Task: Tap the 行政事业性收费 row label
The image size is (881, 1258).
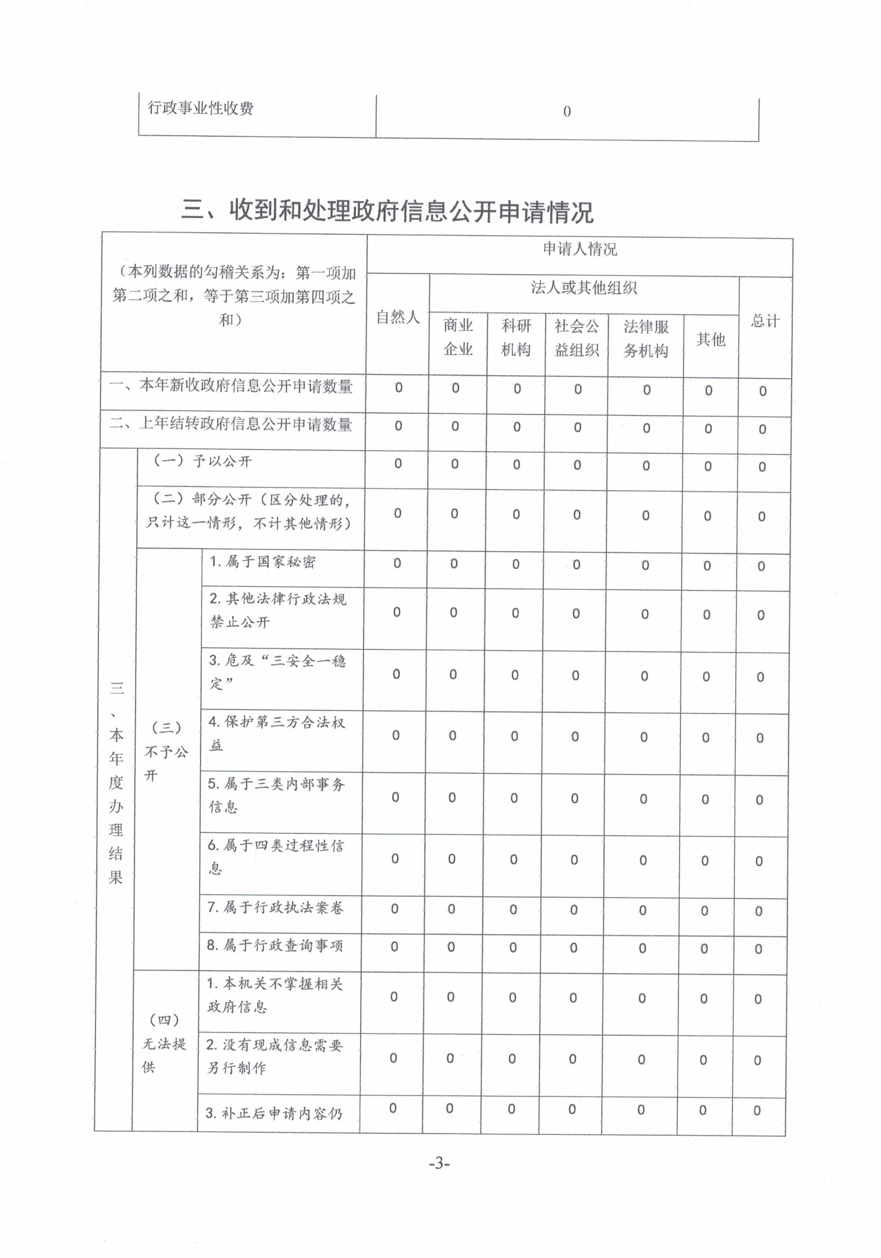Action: (x=200, y=108)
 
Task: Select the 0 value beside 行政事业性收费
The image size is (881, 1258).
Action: (x=567, y=112)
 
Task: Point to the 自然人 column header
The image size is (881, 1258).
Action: (x=398, y=317)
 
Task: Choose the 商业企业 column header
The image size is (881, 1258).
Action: (x=458, y=337)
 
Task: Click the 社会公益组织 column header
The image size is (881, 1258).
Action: (x=577, y=338)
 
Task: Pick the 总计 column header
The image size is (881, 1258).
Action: (x=765, y=321)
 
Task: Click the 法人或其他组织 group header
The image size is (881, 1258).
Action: (x=584, y=288)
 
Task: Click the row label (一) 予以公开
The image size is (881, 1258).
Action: (x=202, y=461)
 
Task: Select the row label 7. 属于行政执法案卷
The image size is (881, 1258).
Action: (x=275, y=908)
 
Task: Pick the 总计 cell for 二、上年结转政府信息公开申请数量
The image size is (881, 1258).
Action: (x=762, y=429)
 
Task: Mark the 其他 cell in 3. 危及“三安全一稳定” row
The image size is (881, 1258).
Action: (x=706, y=677)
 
